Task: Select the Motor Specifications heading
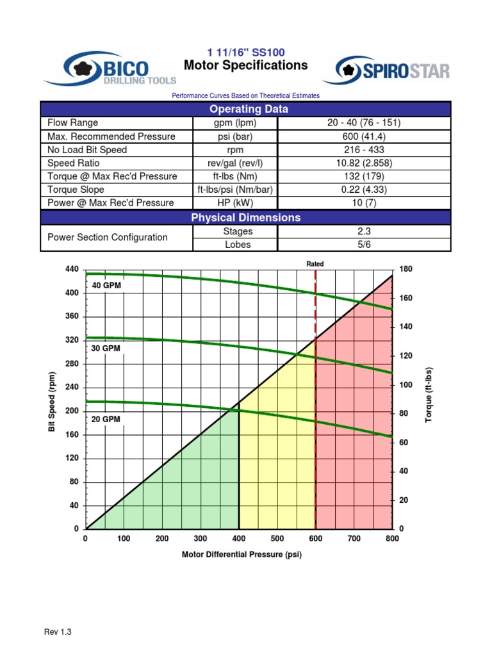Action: tap(245, 65)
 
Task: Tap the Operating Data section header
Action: tap(245, 109)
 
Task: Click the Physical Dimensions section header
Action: tap(245, 218)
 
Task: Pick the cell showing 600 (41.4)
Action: tap(364, 136)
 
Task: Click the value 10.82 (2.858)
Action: tap(364, 163)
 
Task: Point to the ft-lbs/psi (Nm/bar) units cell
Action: tap(234, 190)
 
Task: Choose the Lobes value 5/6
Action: tap(364, 245)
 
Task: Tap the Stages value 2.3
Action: tap(364, 231)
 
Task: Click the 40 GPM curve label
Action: tap(106, 286)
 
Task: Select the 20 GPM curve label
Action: tap(106, 419)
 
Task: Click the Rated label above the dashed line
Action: tap(315, 264)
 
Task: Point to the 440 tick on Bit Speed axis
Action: tap(72, 270)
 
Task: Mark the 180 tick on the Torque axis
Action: tap(406, 270)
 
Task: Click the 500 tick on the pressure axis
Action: tap(277, 539)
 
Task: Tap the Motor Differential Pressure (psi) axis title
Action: tap(242, 555)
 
